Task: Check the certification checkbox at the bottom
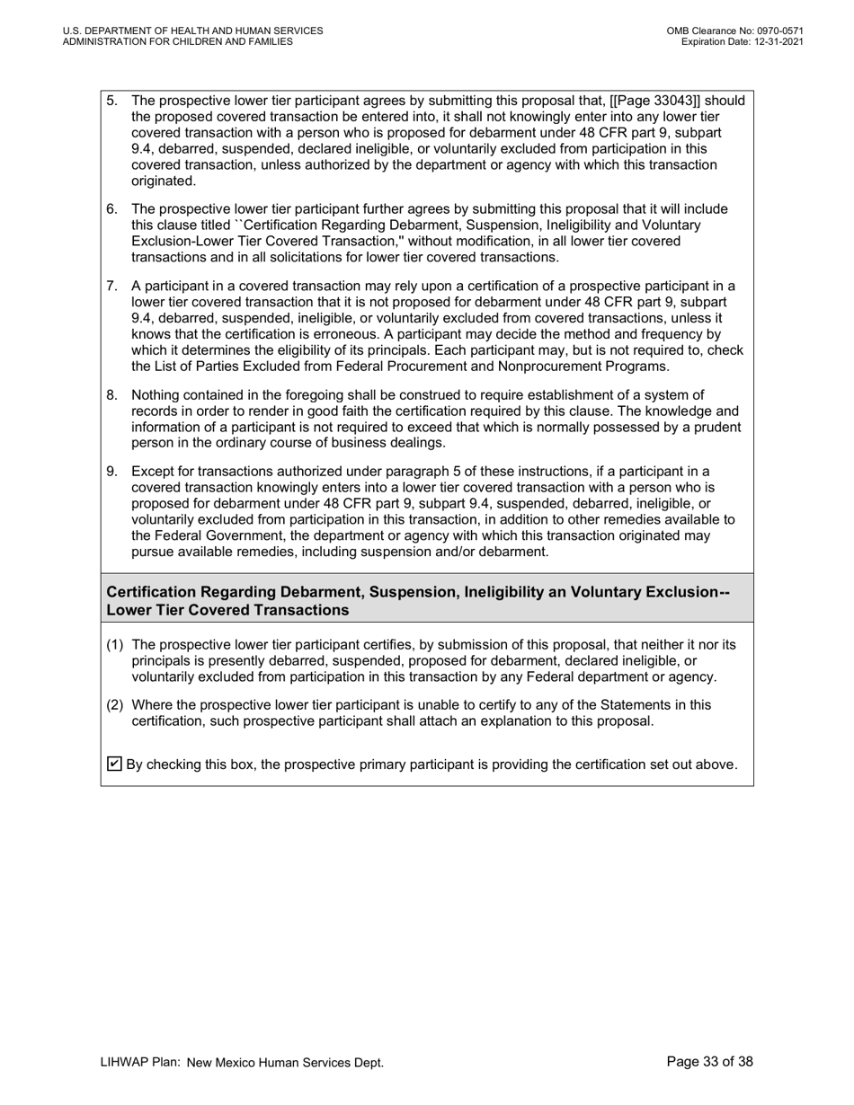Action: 114,765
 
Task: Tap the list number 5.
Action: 111,101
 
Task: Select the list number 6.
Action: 111,209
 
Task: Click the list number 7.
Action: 111,287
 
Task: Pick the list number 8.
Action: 111,395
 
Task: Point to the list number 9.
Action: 111,472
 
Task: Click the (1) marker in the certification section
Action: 115,645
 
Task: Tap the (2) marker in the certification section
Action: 115,705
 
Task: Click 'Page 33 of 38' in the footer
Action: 709,1062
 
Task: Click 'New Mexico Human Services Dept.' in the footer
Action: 285,1063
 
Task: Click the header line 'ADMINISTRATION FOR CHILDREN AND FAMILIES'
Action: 177,41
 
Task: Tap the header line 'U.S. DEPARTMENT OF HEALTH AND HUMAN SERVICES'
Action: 192,31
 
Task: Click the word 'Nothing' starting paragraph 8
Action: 156,395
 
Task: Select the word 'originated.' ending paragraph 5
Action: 164,181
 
